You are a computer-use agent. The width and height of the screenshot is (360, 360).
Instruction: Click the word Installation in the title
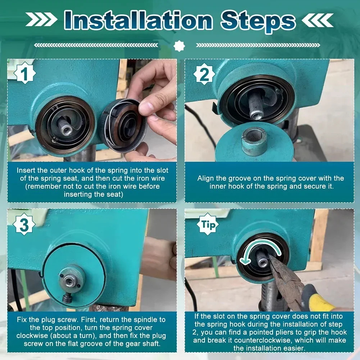[138, 20]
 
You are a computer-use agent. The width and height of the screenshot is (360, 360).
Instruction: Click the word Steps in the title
[258, 22]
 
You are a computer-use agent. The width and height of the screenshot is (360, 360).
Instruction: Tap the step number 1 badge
[25, 73]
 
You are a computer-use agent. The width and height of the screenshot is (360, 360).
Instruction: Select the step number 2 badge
[204, 74]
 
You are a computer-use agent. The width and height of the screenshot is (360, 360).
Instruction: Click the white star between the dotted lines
[179, 46]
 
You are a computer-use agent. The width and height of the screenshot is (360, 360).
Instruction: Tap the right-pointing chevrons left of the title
[41, 19]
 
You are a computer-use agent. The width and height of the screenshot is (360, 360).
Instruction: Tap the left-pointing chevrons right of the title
[318, 20]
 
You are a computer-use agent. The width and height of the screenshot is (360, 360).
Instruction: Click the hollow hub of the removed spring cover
[254, 141]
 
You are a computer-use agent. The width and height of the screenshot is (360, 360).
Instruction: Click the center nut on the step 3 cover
[69, 280]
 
